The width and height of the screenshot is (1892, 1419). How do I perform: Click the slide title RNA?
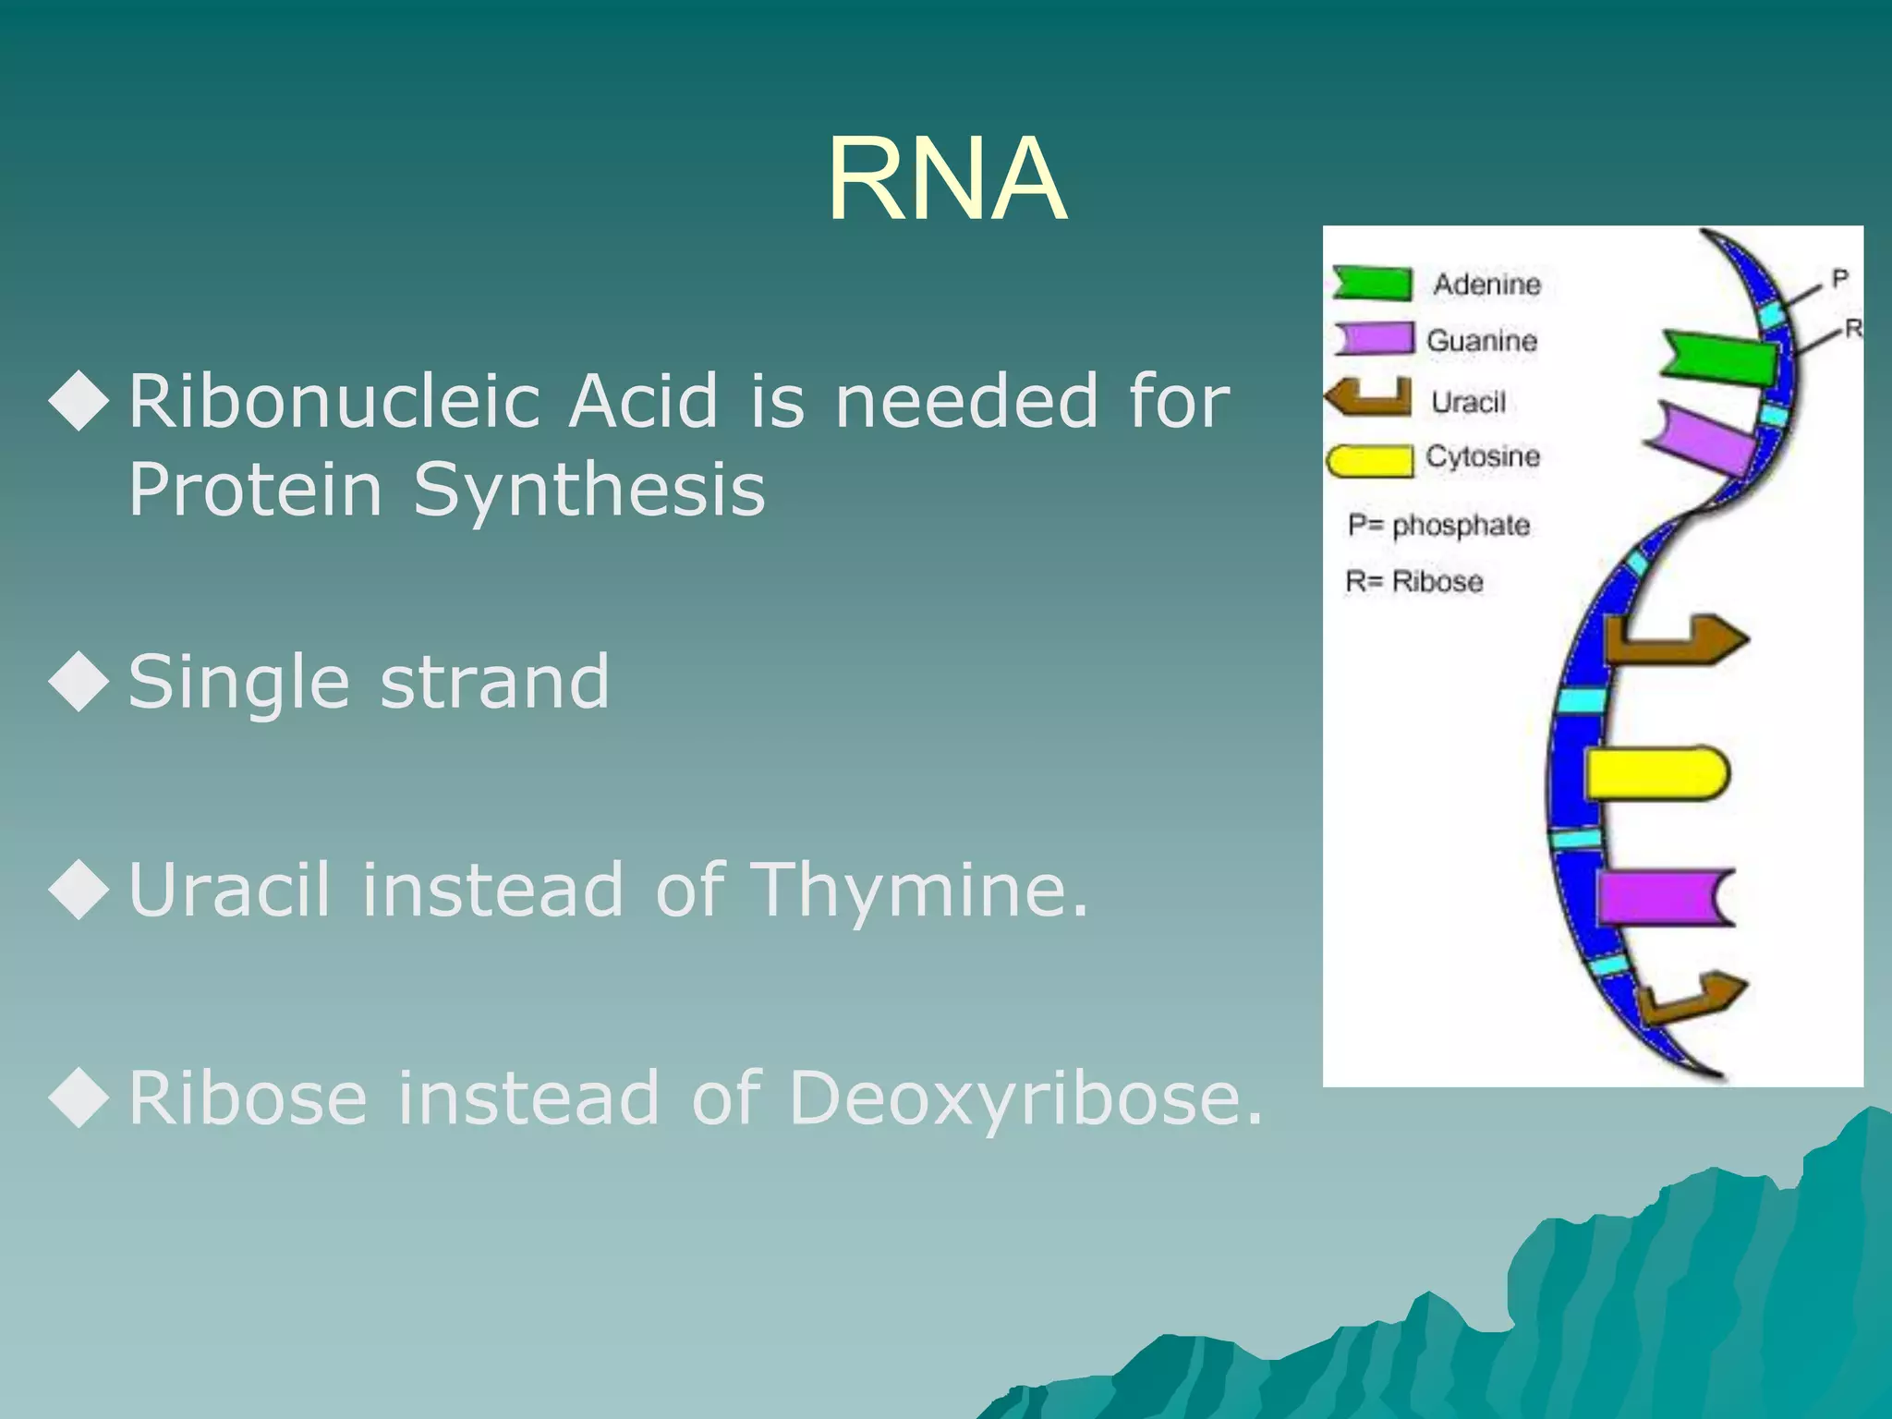(x=946, y=179)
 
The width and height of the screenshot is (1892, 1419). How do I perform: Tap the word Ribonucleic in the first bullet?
(x=334, y=402)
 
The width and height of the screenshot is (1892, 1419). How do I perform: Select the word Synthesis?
(x=588, y=490)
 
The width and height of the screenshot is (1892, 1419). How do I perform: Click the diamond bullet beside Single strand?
(x=79, y=681)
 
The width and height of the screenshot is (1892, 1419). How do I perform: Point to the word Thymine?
(x=920, y=889)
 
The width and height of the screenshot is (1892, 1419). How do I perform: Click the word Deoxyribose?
(x=1025, y=1098)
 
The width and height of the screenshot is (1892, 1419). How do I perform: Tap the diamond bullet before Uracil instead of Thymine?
(x=79, y=889)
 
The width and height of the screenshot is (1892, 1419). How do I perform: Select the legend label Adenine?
(x=1486, y=285)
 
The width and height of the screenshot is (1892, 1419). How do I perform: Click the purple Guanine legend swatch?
(x=1374, y=338)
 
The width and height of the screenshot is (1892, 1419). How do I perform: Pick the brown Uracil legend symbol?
(x=1369, y=397)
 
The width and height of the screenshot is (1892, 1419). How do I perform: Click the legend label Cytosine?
(x=1482, y=456)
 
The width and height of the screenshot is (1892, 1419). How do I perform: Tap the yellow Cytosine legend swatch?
(x=1370, y=460)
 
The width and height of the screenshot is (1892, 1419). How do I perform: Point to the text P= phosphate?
(x=1437, y=525)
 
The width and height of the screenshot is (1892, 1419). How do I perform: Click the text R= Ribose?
(x=1413, y=582)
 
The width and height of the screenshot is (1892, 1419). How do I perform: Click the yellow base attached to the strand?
(x=1655, y=773)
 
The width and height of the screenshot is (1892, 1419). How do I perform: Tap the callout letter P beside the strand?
(x=1839, y=278)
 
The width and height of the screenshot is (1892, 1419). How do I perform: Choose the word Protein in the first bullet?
(x=255, y=490)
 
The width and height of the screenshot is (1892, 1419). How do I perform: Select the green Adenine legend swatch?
(x=1373, y=283)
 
